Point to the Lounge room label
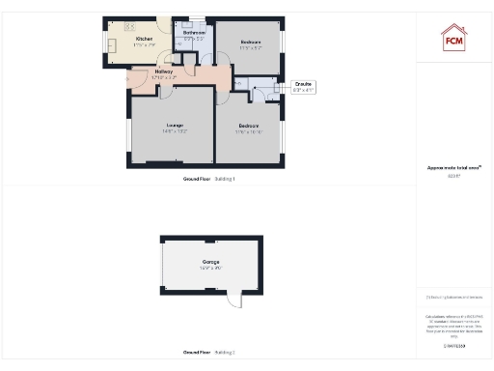point(175,125)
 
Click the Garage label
point(210,262)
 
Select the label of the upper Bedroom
point(251,43)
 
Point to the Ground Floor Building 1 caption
point(209,179)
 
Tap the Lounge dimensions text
point(175,130)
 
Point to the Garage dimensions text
point(210,268)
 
